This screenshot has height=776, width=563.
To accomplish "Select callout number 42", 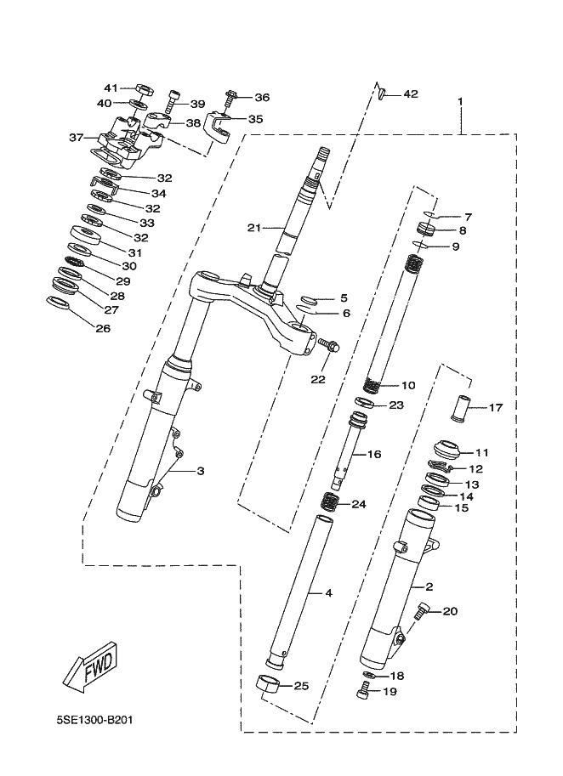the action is tap(411, 94).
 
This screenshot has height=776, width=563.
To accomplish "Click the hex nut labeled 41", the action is tap(143, 91).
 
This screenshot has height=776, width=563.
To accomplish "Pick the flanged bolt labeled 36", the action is tap(230, 100).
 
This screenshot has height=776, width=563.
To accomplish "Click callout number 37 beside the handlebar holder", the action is tap(77, 137).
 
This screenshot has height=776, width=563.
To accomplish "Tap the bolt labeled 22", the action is tap(329, 344).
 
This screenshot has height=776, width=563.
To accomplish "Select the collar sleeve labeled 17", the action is tap(460, 408).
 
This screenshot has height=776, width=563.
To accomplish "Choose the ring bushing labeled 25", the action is tap(270, 685).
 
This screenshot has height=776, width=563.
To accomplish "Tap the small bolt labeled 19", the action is tap(363, 690).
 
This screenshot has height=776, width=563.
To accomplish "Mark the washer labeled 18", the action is tap(368, 676).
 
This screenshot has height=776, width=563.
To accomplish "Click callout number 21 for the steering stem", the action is tap(254, 228).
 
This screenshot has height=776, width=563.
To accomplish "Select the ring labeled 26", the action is tap(59, 303).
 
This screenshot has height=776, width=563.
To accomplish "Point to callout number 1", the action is tap(460, 101).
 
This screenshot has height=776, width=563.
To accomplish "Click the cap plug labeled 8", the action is tap(426, 229).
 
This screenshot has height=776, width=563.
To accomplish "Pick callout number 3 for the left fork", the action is tap(201, 471).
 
